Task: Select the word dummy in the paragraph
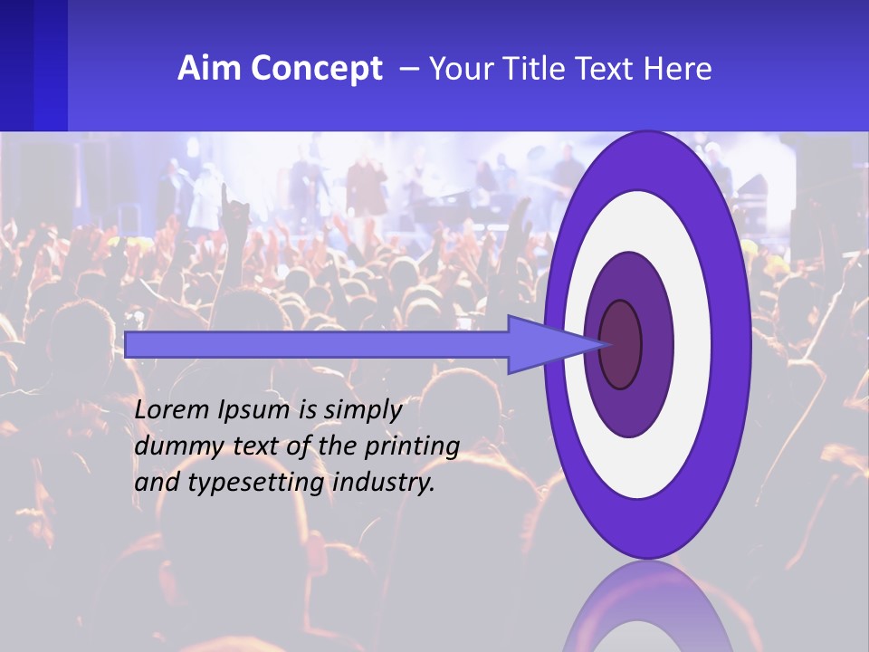click(168, 447)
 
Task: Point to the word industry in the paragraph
click(384, 484)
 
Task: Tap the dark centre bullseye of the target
click(620, 345)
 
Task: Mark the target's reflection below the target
click(646, 607)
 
